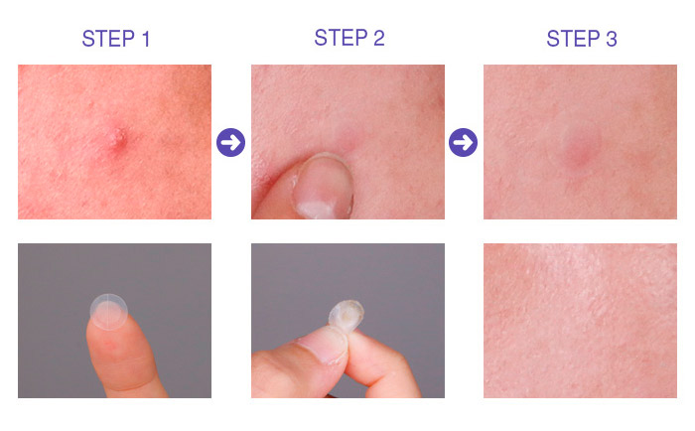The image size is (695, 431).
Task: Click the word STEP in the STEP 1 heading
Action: point(108,39)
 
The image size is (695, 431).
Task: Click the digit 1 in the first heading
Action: point(146,39)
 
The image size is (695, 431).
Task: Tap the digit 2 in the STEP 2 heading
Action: point(378,38)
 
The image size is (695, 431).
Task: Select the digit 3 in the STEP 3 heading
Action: point(612,39)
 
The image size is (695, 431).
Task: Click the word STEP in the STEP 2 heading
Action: point(341,38)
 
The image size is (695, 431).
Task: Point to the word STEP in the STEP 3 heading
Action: point(573,39)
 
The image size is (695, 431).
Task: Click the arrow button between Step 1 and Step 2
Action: point(230,142)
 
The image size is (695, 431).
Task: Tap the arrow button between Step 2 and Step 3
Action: point(464,142)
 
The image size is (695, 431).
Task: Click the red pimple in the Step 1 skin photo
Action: point(117,139)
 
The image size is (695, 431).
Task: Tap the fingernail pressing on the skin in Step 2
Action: point(323,187)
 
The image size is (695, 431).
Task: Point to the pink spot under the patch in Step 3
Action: point(577,153)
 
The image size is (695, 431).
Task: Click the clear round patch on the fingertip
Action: point(109,312)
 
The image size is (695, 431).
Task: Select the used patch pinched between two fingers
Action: point(347,316)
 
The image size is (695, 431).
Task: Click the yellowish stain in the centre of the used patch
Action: point(347,315)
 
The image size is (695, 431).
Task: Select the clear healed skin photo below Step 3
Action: point(580,321)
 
